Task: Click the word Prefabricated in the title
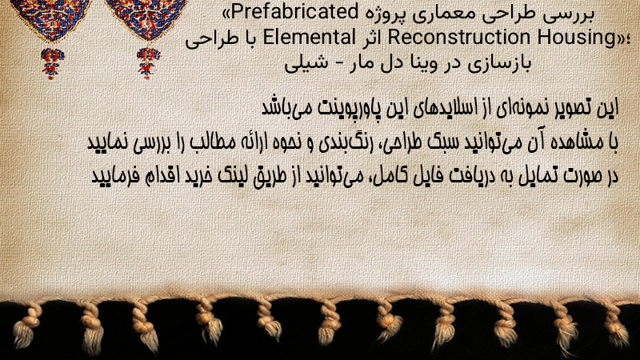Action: (x=295, y=12)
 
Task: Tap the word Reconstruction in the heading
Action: (x=459, y=37)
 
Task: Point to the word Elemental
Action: (x=309, y=37)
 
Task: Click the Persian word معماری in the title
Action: (x=435, y=14)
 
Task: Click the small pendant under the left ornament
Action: (x=52, y=63)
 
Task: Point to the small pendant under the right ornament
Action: (x=148, y=63)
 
